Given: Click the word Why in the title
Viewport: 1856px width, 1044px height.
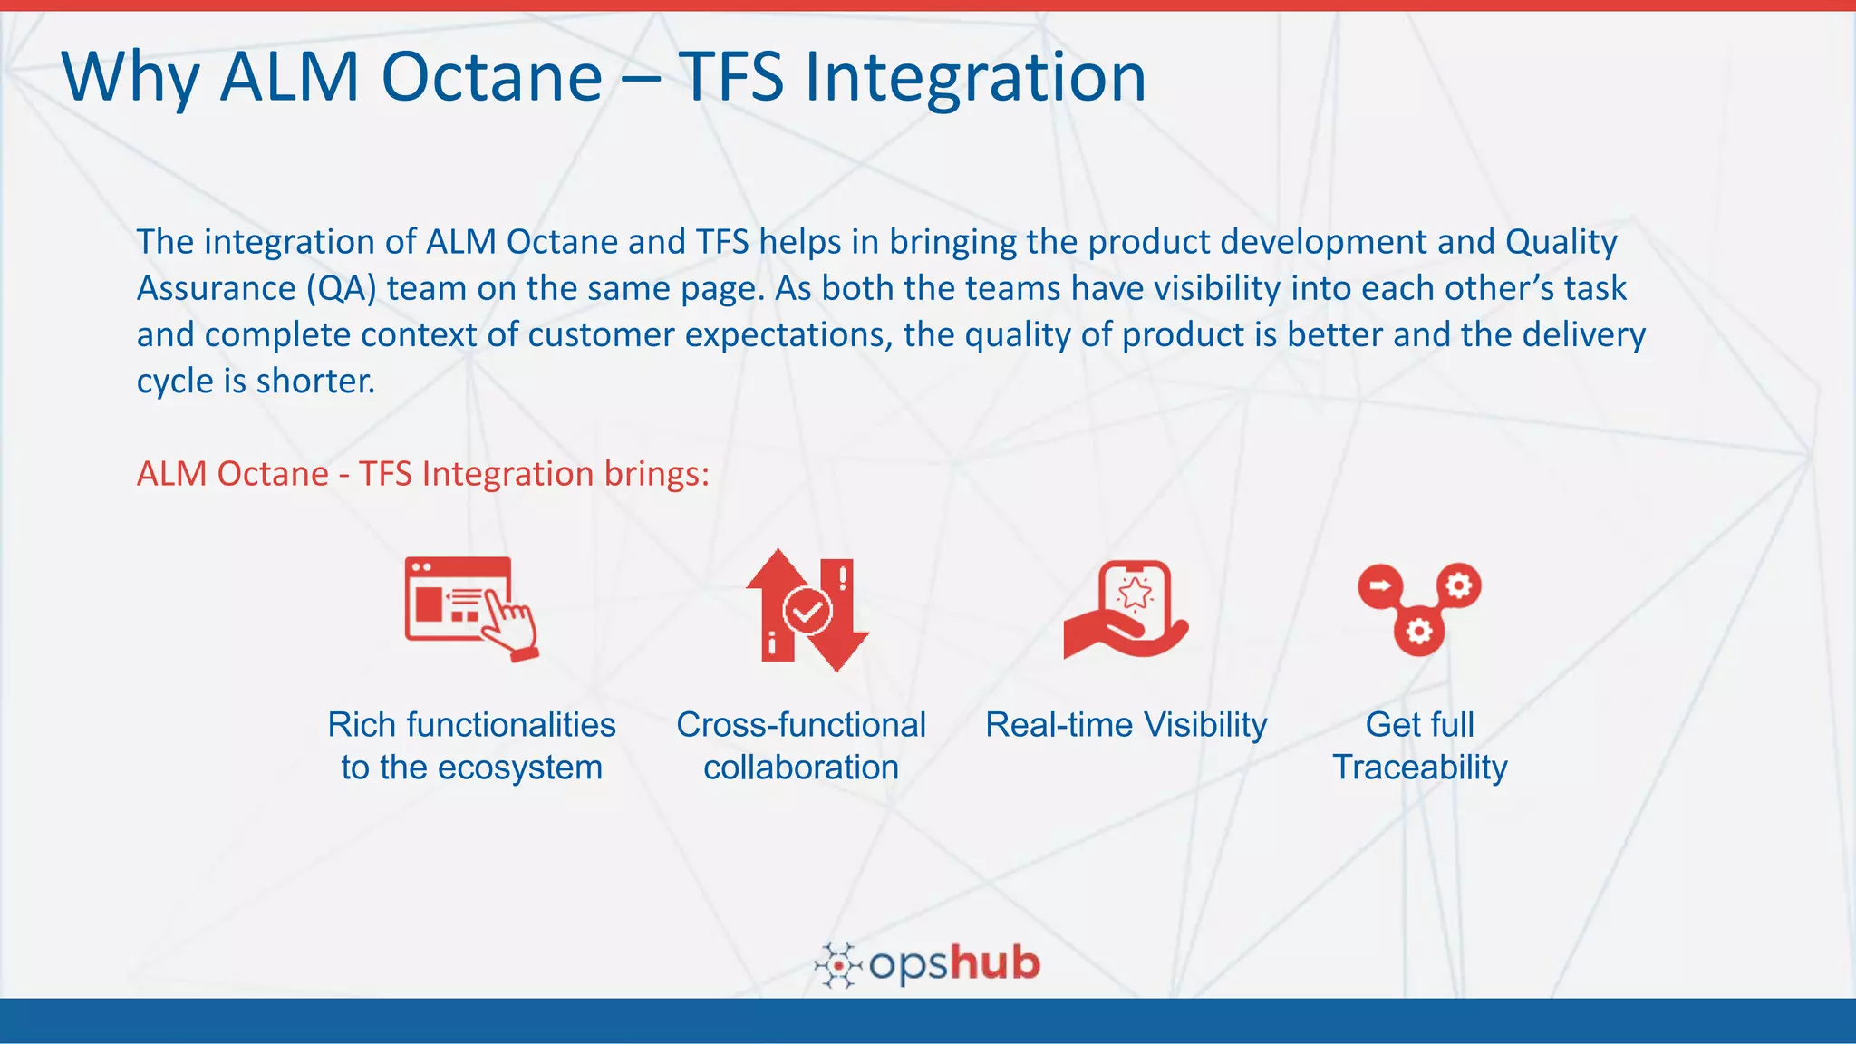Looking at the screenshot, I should (x=130, y=78).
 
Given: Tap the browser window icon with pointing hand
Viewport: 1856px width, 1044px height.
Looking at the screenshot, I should (x=470, y=608).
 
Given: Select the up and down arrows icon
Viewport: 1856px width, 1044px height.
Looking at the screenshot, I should (x=806, y=610).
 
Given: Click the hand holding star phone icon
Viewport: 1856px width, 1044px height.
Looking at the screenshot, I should (x=1126, y=609).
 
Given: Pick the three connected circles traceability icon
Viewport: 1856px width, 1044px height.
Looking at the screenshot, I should (x=1419, y=608).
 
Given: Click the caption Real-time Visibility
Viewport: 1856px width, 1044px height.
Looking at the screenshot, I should (x=1126, y=725).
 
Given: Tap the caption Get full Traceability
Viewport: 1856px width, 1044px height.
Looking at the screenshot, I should (x=1419, y=746).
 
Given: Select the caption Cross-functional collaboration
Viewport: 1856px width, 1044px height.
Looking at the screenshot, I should (x=801, y=746).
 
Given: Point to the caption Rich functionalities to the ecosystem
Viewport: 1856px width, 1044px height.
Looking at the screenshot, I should (x=471, y=746).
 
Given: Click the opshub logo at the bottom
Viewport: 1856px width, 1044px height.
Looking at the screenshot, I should (x=928, y=964).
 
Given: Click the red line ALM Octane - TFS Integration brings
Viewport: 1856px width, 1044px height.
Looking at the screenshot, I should (x=422, y=474).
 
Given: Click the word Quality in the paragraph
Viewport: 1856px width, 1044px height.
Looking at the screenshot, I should (x=1561, y=242).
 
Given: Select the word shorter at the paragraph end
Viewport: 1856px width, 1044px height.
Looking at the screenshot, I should (x=314, y=381).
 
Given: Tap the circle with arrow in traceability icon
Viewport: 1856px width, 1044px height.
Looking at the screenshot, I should (x=1379, y=585).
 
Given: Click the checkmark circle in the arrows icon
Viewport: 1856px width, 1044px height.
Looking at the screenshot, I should (x=807, y=610).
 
